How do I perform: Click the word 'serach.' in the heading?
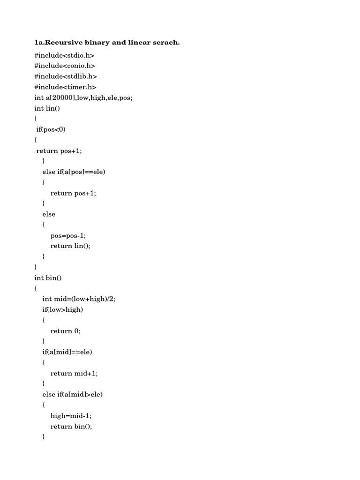coord(165,43)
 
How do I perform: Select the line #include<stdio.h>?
coord(64,55)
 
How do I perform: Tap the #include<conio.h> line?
coord(65,66)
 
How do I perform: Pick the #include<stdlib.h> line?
coord(66,76)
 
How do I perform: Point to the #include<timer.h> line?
coord(65,87)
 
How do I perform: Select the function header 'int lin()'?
coord(47,108)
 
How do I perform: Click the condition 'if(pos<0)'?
coord(51,129)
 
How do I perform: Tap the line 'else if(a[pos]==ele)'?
coord(74,172)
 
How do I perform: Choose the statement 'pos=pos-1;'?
coord(68,235)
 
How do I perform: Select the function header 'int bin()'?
coord(48,278)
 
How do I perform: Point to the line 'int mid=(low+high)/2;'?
coord(78,299)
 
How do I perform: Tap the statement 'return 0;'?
coord(66,331)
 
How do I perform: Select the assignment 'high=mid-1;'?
coord(69,416)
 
